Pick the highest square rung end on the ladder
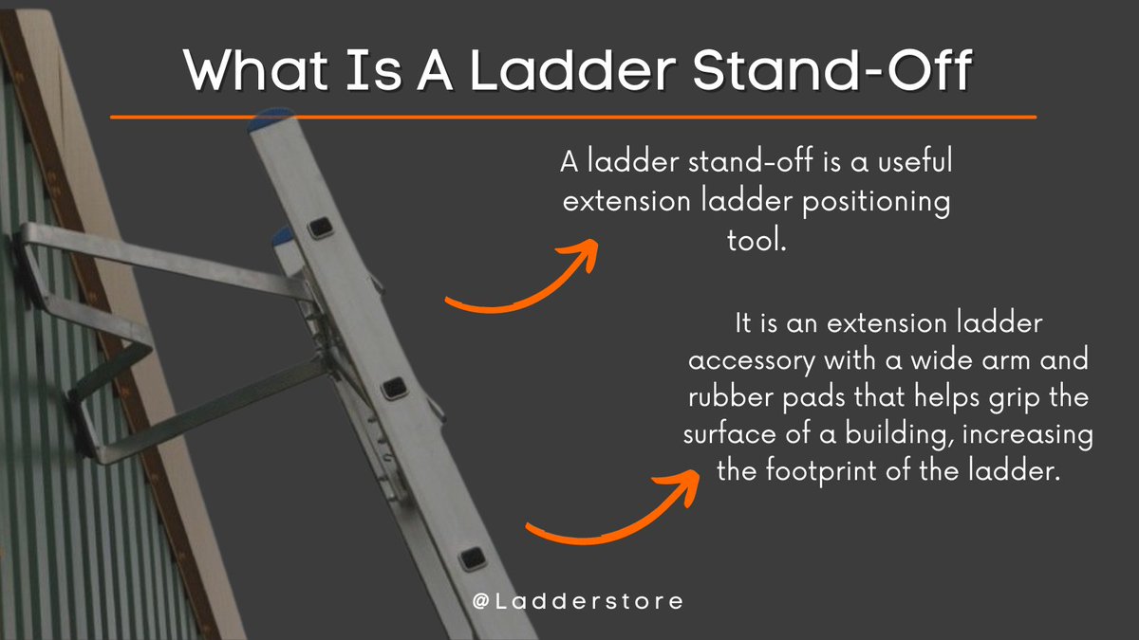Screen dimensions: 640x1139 (x=322, y=227)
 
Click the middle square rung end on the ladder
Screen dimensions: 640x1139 (x=395, y=387)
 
